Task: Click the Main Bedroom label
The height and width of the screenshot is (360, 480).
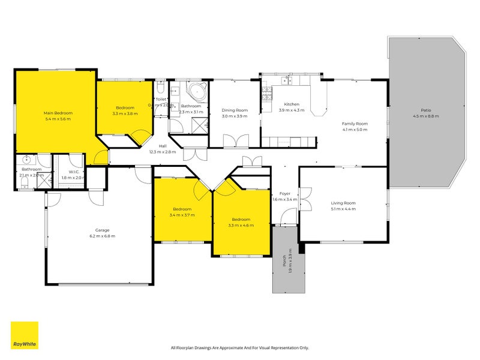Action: pos(58,113)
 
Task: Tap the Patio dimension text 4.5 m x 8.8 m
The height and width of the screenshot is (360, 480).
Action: pos(426,116)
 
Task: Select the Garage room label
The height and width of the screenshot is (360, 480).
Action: pos(100,230)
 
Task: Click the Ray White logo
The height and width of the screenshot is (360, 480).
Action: pos(25,335)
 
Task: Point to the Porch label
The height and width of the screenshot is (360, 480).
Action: pos(284,262)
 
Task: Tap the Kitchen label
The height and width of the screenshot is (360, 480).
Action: pos(292,104)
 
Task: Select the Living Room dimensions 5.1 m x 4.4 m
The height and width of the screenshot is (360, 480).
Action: pos(343,209)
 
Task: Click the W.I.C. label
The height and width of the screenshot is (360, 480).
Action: pos(67,172)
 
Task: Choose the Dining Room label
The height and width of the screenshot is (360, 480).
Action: pos(235,110)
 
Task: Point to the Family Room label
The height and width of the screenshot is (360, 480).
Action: pos(355,123)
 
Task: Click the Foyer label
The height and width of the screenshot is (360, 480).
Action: pos(285,193)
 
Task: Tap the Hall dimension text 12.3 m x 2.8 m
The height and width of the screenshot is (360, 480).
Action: pos(163,152)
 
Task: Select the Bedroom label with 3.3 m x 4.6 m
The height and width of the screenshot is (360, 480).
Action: pos(241,220)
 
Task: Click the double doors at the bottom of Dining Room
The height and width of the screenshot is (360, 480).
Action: pos(235,141)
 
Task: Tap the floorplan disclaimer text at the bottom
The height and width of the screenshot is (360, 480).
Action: pos(240,347)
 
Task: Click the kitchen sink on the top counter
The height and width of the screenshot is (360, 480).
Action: pos(287,79)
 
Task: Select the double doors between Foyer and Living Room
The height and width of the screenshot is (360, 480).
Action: pos(305,199)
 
